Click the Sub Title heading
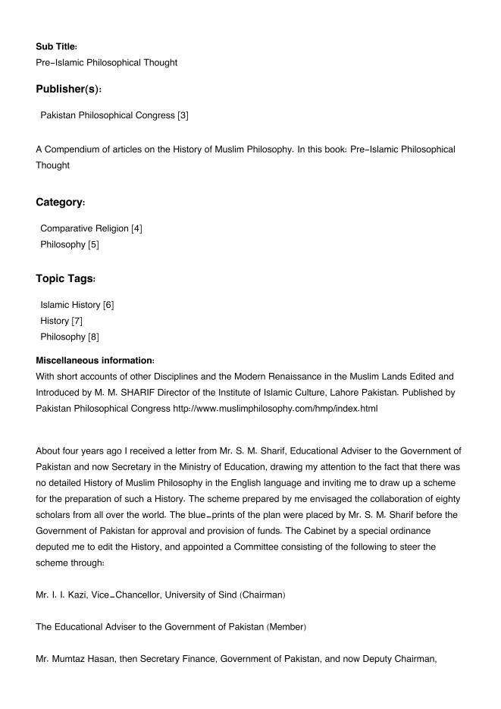[x=56, y=46]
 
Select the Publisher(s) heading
[x=68, y=89]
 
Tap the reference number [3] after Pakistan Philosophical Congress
[x=183, y=115]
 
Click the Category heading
[x=61, y=202]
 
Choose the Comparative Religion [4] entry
[x=91, y=228]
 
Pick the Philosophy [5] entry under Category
[x=70, y=244]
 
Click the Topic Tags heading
[x=66, y=279]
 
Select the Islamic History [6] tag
[x=77, y=305]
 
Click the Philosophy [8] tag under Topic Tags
[x=70, y=337]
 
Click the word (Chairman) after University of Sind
[x=263, y=594]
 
